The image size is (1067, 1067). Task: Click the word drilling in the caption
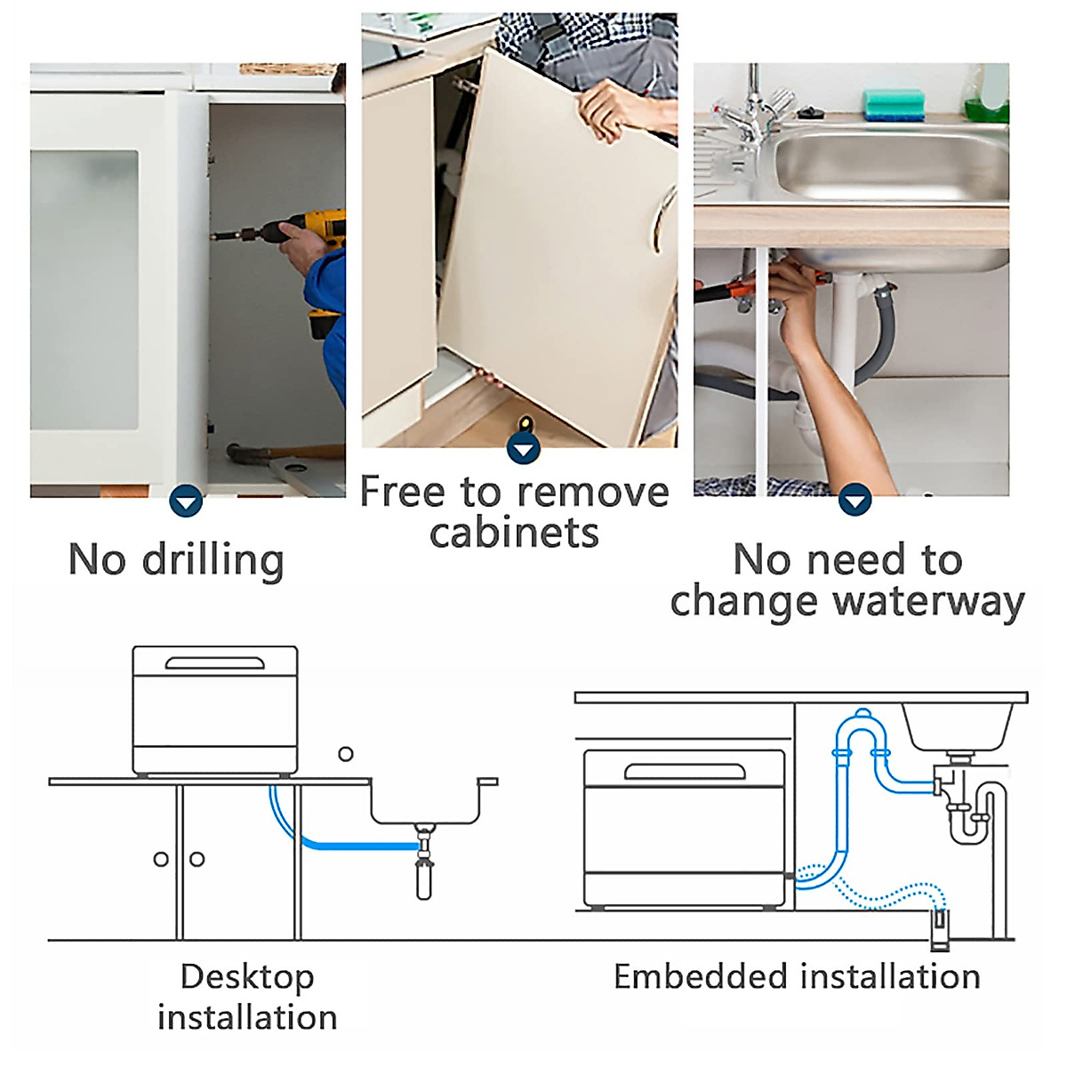tap(213, 561)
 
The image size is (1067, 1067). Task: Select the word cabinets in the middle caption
tap(514, 533)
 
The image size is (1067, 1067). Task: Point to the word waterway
tap(929, 602)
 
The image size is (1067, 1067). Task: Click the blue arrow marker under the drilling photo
tap(186, 502)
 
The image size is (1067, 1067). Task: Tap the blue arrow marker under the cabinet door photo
tap(524, 448)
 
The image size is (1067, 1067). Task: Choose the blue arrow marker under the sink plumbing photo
tap(854, 501)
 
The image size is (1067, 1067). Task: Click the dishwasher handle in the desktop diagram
tap(215, 663)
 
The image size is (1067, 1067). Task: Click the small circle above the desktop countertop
tap(346, 754)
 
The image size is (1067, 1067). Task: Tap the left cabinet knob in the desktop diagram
tap(161, 859)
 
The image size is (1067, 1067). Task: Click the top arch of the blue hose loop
tap(862, 717)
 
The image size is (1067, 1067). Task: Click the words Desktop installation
tap(247, 997)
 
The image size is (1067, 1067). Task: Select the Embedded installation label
tap(797, 976)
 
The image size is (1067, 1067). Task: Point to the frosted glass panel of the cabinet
tap(84, 289)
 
